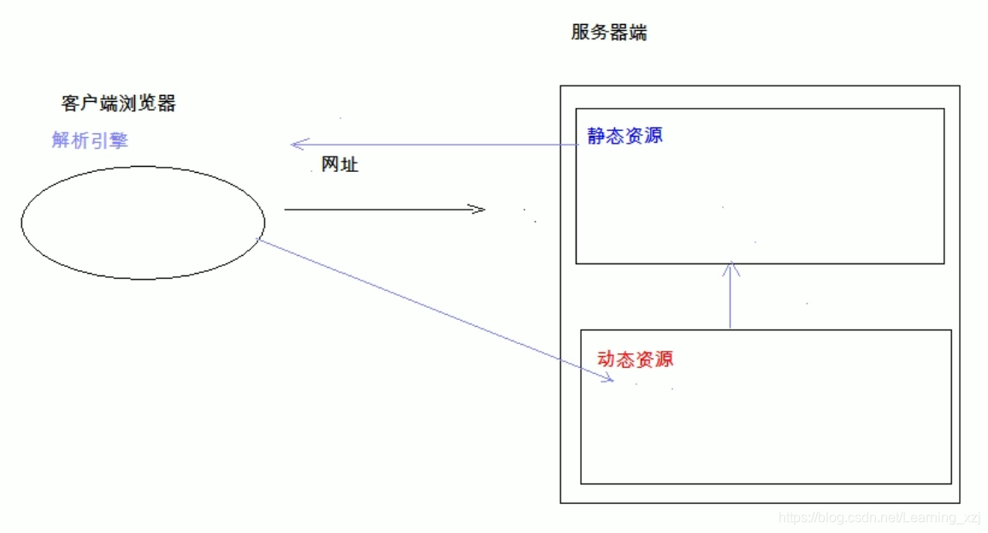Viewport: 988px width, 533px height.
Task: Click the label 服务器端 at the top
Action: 609,33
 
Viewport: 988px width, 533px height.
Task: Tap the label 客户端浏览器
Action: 119,104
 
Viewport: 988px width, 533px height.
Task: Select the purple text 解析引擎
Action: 90,140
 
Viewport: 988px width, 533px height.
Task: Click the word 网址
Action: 340,165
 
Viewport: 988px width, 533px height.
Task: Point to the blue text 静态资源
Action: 624,135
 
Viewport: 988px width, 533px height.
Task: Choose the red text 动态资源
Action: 635,358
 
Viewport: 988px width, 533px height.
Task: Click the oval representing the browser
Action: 143,222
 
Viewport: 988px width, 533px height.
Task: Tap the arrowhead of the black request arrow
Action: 479,209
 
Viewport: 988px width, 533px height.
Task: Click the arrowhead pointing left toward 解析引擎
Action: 295,145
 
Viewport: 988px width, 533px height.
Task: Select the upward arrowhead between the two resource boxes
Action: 731,267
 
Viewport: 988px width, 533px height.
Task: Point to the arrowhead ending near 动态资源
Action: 609,379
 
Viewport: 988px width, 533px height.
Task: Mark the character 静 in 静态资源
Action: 596,135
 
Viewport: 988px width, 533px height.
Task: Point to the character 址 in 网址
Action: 349,165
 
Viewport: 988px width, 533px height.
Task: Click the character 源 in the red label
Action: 664,358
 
